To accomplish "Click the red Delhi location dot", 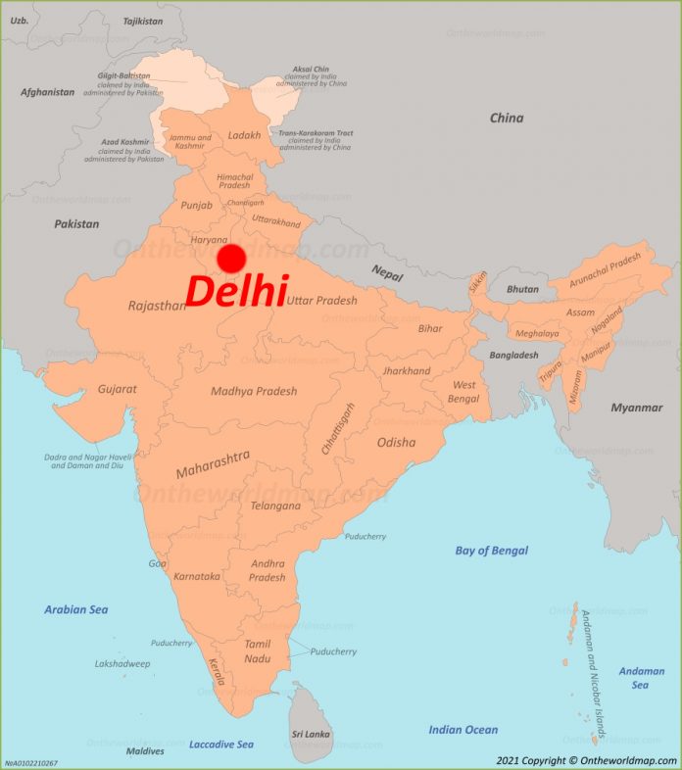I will (x=231, y=259).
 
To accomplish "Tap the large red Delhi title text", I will (x=235, y=292).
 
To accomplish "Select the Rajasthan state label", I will (x=157, y=306).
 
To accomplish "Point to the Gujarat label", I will (x=117, y=389).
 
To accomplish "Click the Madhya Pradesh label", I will (x=254, y=392).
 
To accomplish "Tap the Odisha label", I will (x=396, y=442).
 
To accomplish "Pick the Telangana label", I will (x=275, y=506).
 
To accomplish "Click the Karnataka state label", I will (x=196, y=576).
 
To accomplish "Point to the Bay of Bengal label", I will (x=491, y=551).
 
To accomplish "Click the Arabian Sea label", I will (x=76, y=609).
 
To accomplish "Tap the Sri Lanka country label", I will (x=312, y=734).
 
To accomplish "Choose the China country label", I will (x=507, y=119).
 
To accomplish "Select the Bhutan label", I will (x=521, y=290).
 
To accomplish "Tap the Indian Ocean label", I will (x=463, y=730).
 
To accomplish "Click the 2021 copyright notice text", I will (x=586, y=760).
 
